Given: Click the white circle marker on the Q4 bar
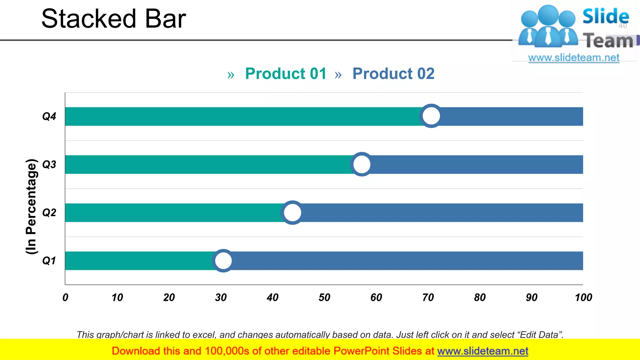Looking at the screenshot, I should click(431, 116).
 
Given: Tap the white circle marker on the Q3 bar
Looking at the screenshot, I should click(362, 164).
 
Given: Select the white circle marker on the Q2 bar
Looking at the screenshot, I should click(292, 212).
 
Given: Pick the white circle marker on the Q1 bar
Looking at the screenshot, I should click(223, 261).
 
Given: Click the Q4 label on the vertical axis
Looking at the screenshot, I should click(49, 117).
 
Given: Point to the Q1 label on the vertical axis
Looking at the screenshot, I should click(49, 261).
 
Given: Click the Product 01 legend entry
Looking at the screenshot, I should click(286, 74).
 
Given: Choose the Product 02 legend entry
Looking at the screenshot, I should click(393, 74).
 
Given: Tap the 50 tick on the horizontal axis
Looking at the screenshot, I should click(324, 297).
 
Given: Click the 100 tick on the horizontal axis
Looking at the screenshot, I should click(583, 297).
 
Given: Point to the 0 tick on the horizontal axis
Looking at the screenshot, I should click(65, 297).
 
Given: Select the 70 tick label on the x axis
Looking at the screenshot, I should click(428, 297).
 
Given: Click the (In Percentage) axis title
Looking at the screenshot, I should click(31, 206).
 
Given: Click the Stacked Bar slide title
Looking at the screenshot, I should click(114, 19).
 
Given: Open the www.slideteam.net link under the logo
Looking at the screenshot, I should click(574, 57).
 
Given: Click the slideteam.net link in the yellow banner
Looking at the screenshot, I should click(482, 351).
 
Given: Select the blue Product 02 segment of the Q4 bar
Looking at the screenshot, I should click(512, 117).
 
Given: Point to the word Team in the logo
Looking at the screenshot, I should click(608, 41).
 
